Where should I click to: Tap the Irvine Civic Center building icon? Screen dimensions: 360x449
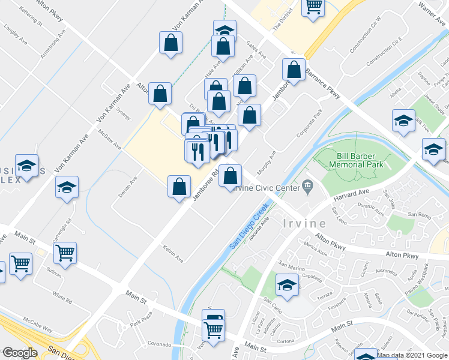coord(308,187)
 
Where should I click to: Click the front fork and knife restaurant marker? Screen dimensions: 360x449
coord(198,152)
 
